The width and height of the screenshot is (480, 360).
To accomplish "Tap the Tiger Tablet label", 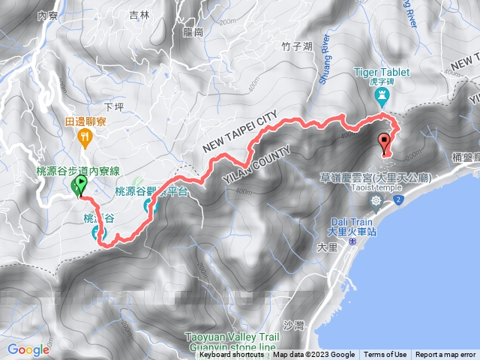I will [382, 73].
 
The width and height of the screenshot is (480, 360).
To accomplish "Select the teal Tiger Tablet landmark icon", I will [382, 97].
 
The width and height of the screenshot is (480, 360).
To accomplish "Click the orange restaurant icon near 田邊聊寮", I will [85, 136].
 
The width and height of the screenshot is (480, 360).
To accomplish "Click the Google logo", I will [28, 349].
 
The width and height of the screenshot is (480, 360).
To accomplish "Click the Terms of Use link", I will [385, 355].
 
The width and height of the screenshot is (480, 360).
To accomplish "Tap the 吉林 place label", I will [139, 15].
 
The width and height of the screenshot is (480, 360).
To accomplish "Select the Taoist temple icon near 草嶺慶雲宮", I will [375, 200].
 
